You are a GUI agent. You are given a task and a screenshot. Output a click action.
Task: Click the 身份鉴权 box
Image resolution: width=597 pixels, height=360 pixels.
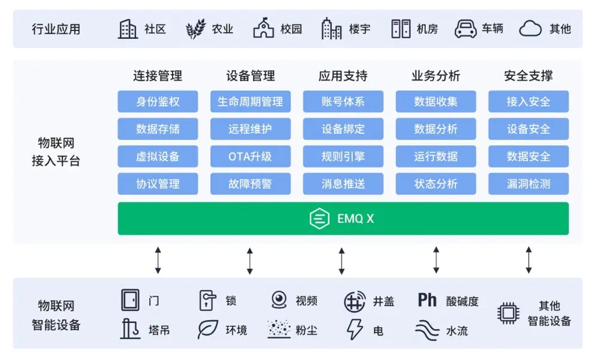point(158,101)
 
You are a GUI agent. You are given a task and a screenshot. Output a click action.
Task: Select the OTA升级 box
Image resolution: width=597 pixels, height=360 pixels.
point(250,156)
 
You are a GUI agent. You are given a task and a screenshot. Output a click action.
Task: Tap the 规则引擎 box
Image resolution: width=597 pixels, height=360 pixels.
point(343,156)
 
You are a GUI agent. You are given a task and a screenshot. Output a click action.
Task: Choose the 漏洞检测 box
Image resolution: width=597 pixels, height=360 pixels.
point(528,184)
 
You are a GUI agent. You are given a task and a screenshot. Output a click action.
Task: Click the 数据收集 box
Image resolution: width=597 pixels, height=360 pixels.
point(436,101)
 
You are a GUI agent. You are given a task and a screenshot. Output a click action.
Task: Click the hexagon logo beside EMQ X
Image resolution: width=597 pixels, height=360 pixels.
point(319,219)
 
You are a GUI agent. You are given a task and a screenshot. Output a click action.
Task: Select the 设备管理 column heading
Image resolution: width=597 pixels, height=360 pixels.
point(250,76)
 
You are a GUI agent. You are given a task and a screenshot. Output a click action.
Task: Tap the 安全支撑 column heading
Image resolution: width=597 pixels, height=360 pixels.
point(528,76)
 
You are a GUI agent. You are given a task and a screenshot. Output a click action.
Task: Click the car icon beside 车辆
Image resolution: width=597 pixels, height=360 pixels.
point(465,29)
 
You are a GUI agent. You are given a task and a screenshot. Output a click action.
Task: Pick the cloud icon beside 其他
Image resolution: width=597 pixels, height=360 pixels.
point(530,29)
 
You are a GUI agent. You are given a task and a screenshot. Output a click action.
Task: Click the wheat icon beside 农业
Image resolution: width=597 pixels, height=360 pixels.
point(195,29)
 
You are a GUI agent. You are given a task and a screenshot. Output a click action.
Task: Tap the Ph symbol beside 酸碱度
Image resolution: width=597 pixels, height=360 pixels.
point(427,300)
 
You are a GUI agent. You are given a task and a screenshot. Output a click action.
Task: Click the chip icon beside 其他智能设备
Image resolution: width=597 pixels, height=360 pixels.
point(508,313)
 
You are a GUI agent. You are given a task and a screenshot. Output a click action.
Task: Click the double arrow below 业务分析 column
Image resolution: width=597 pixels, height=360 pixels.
point(436,260)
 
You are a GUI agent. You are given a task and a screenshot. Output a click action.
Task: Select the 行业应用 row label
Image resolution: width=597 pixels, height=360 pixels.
point(56,29)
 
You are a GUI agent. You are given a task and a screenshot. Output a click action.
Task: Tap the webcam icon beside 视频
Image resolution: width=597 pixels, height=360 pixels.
point(279,300)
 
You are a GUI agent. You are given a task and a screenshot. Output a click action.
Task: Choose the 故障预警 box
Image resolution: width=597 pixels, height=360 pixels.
point(250,184)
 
